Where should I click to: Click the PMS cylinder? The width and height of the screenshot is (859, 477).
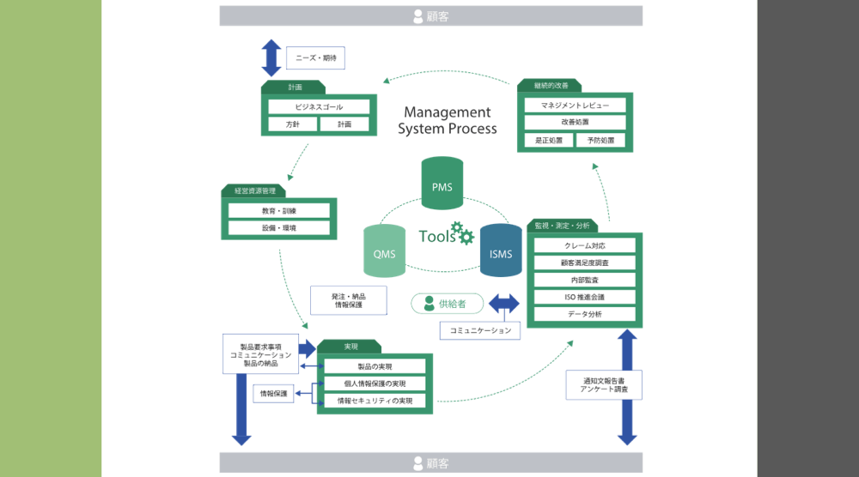click(442, 184)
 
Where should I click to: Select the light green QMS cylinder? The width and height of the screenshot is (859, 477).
click(384, 251)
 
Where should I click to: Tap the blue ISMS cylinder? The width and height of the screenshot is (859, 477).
click(501, 251)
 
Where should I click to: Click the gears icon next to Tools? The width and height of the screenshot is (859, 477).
click(463, 232)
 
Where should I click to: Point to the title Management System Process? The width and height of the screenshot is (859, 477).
click(447, 120)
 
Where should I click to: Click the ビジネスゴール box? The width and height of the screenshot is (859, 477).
click(319, 107)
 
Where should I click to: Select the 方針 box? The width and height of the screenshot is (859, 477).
click(292, 124)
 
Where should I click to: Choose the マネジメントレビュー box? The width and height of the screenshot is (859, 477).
click(575, 106)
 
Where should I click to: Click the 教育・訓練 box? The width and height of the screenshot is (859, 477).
click(279, 211)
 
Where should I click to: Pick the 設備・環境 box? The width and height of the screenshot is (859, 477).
click(279, 228)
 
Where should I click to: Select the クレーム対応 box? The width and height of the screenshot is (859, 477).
click(585, 246)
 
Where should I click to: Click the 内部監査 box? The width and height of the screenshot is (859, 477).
click(585, 280)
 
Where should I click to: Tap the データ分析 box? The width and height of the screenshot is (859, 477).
click(585, 314)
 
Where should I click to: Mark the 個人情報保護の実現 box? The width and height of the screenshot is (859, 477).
click(375, 383)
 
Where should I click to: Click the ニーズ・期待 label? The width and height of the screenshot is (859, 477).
click(315, 58)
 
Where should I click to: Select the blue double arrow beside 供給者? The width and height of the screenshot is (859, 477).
click(504, 304)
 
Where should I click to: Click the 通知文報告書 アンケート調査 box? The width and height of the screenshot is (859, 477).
click(604, 384)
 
